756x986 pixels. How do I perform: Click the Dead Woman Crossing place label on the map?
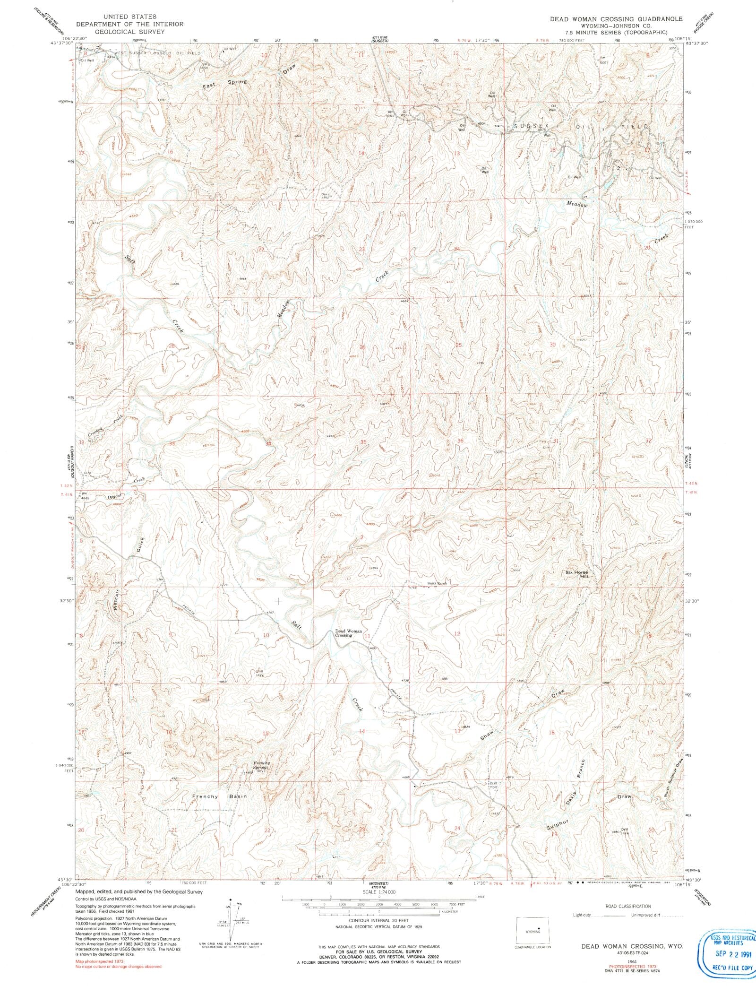pos(348,633)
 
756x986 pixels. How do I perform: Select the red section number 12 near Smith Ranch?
pos(456,633)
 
